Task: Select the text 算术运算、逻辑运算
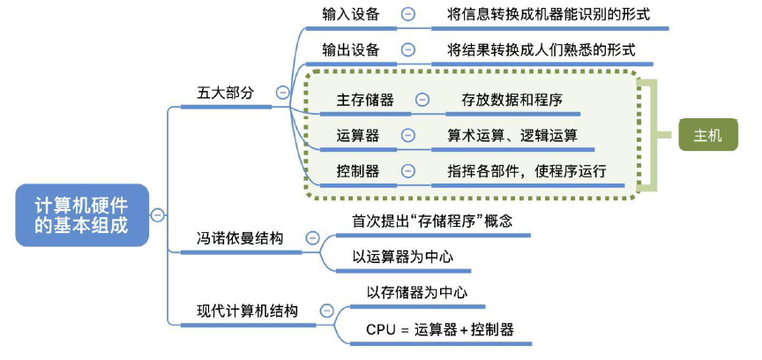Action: pyautogui.click(x=512, y=136)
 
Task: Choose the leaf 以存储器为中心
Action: pyautogui.click(x=416, y=293)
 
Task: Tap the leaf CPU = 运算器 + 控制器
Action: pyautogui.click(x=439, y=329)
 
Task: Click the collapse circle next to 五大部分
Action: pyautogui.click(x=282, y=92)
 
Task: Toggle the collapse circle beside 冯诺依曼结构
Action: pyautogui.click(x=311, y=237)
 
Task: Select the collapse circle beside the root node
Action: pyautogui.click(x=157, y=214)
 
